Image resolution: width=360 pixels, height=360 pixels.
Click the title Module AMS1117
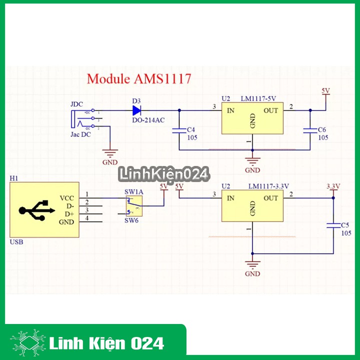coord(138,78)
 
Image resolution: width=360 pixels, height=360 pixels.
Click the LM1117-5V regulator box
coord(252,118)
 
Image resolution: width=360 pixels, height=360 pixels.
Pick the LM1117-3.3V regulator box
coord(252,206)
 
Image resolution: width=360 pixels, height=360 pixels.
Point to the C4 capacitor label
coord(190,129)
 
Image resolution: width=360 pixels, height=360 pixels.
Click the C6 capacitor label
coord(322,129)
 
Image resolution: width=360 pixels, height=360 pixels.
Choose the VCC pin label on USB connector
coord(66,198)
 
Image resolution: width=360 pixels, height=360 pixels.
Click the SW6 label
coord(131,220)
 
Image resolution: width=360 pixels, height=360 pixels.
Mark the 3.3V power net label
coord(333,186)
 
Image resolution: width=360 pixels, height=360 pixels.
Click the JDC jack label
coord(76,104)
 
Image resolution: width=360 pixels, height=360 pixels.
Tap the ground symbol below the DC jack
coord(109,154)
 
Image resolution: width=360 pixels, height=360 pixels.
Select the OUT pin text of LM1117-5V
coord(270,110)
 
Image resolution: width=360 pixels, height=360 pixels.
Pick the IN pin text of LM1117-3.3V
coord(230,198)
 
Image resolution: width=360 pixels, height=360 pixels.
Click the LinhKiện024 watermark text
coord(163,174)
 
